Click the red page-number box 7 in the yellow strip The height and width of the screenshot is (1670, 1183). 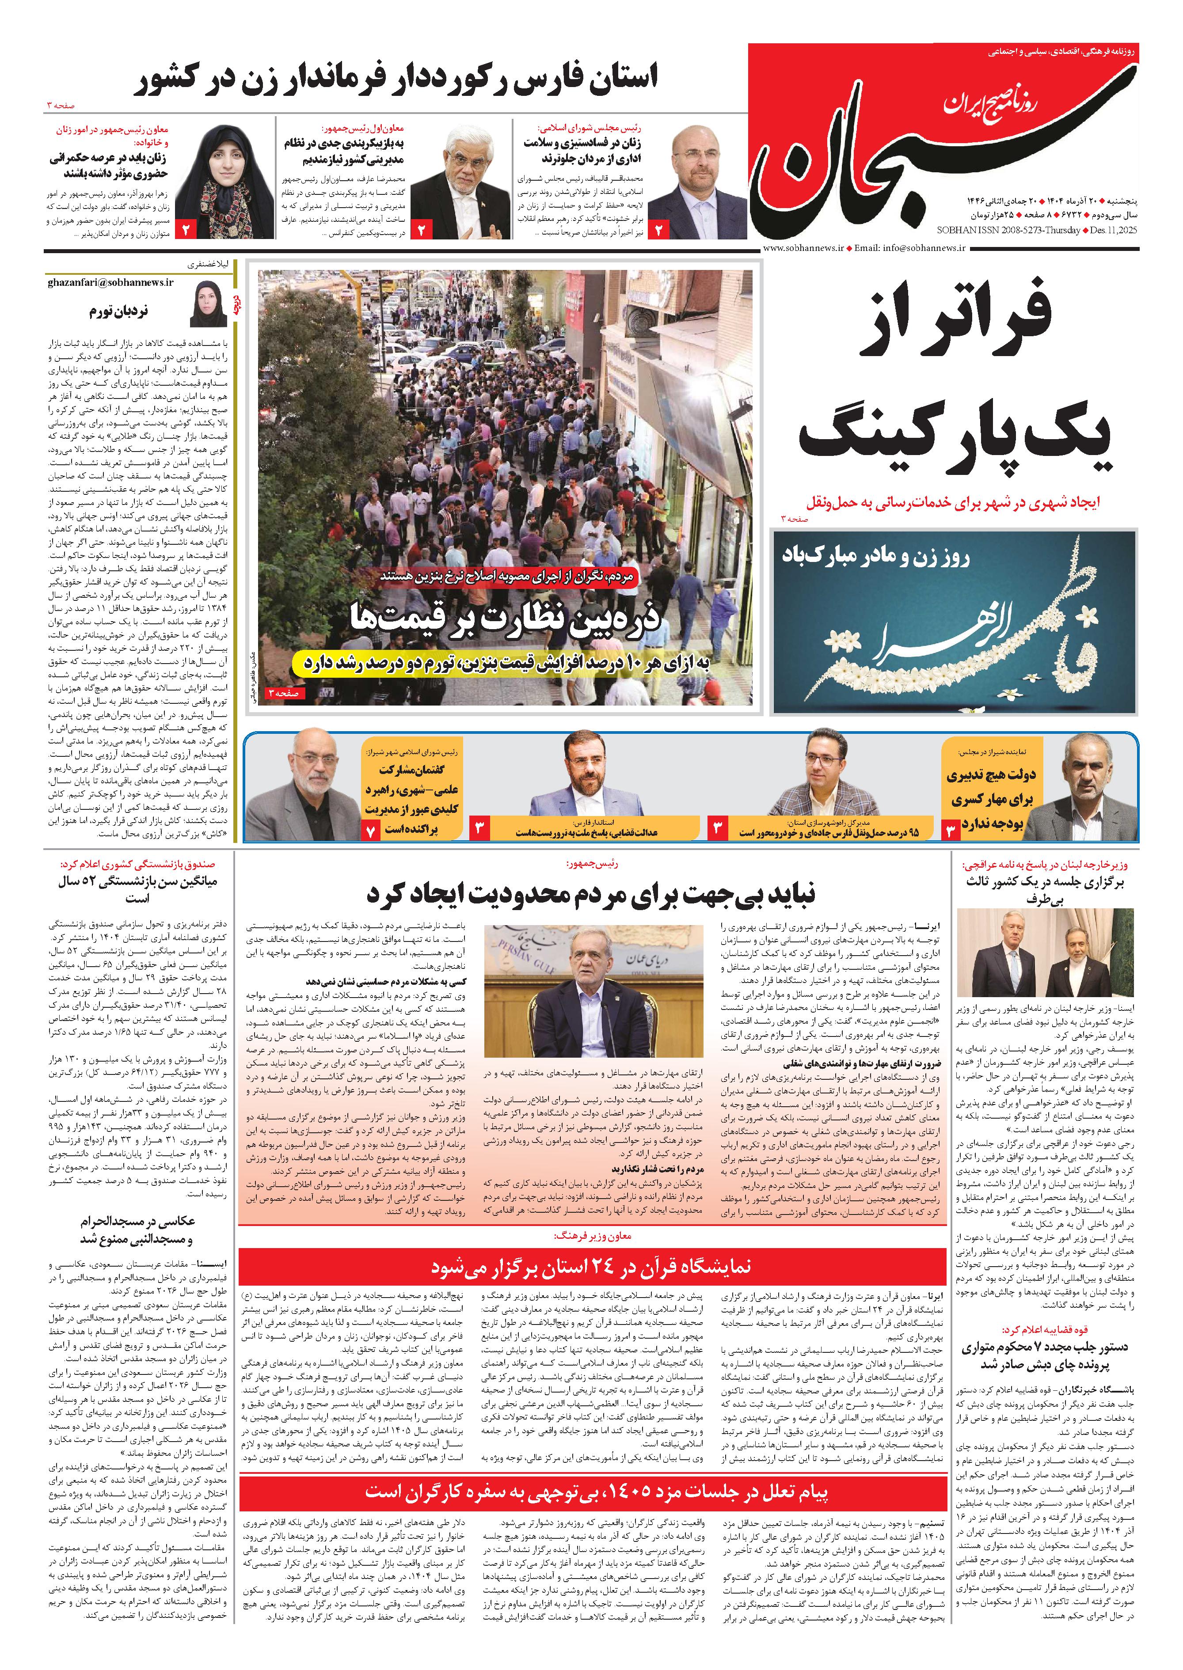click(x=371, y=830)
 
